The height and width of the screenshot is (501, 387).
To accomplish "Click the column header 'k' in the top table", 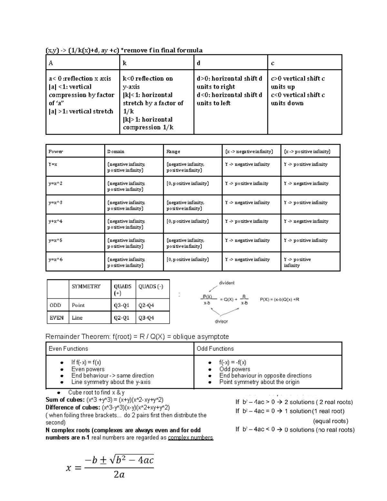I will point(125,63).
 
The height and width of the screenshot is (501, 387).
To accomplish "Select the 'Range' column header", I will point(173,151).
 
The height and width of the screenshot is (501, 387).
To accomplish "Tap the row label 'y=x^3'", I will point(55,203).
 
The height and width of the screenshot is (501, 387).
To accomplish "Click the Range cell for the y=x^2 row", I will point(187,184).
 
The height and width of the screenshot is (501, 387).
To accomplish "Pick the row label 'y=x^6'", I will point(55,259).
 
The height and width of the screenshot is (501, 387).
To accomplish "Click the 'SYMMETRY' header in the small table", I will point(86,286).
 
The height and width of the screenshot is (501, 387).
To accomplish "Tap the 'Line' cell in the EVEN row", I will point(77,318).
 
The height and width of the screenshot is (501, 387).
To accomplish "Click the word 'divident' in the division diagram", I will point(227,283).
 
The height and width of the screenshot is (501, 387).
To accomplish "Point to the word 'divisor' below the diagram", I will point(221,321).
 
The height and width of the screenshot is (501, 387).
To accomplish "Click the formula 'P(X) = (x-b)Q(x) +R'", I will point(280,299).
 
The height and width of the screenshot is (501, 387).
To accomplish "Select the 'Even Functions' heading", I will point(68,349).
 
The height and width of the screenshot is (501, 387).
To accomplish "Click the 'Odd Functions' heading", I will point(215,349).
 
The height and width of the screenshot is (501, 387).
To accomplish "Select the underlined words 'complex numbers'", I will point(190,438).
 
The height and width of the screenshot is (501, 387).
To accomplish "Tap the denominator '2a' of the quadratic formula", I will point(119,475).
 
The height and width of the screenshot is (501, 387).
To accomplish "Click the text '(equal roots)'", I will point(331,421).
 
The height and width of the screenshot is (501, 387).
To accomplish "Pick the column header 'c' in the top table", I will point(273,63).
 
